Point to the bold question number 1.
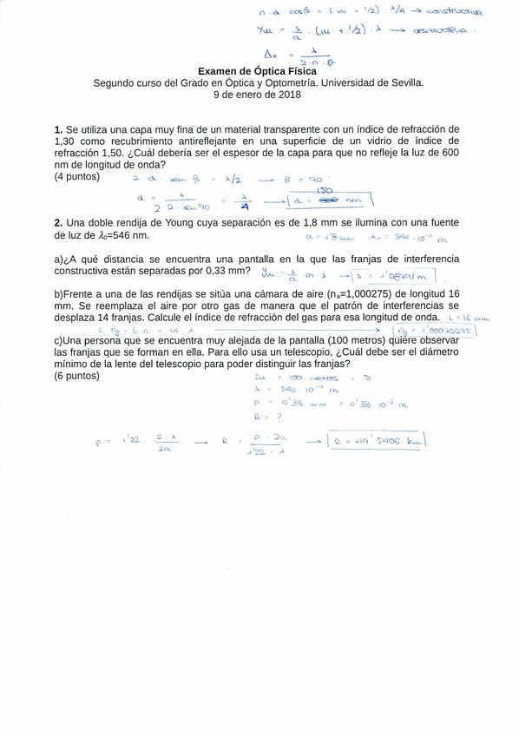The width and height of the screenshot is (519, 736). coord(57,129)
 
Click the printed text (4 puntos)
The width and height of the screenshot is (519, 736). coord(77,176)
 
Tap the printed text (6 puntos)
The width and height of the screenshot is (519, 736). coord(77,376)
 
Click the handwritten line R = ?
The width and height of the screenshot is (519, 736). coord(264,416)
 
